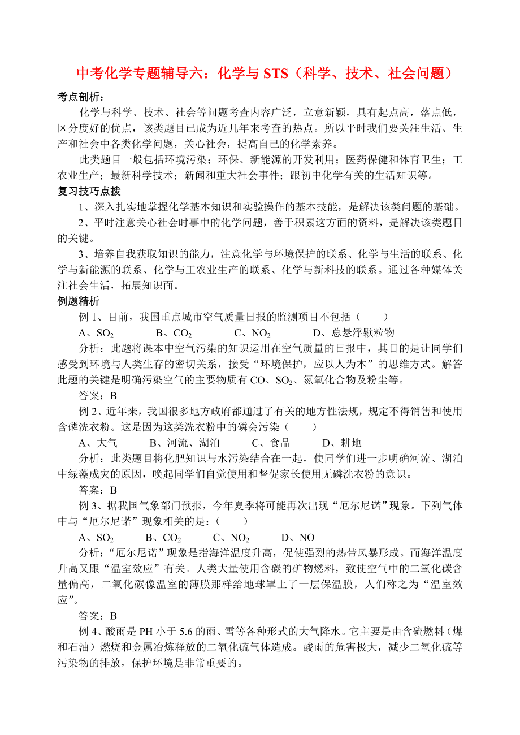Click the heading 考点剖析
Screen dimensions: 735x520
[x=81, y=97]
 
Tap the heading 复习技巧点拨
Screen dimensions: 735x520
[x=89, y=192]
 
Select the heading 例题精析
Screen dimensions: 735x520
[x=81, y=301]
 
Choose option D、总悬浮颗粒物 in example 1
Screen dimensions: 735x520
[x=353, y=332]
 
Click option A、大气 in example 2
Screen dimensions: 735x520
[x=98, y=443]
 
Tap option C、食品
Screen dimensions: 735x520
[x=271, y=443]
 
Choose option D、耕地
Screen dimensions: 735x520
[x=341, y=443]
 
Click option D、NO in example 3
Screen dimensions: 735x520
[x=298, y=537]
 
